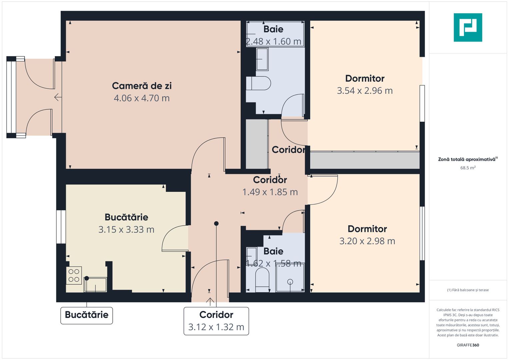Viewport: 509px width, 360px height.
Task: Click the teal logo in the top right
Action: [468, 27]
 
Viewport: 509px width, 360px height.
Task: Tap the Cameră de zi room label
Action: [142, 86]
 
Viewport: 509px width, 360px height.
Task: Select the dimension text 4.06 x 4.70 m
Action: [142, 98]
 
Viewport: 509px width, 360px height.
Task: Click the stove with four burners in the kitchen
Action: [74, 275]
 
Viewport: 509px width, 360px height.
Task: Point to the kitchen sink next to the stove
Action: [96, 285]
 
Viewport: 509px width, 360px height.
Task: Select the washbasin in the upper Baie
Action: [262, 59]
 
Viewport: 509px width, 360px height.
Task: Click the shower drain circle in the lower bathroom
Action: [290, 282]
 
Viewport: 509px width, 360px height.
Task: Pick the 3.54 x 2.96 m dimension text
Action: [365, 91]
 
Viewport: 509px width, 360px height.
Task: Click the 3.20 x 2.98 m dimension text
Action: [367, 241]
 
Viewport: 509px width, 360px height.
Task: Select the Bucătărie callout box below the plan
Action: [87, 315]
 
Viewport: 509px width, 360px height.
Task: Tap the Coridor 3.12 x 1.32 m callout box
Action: [216, 321]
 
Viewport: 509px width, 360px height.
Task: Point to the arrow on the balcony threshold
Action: [58, 97]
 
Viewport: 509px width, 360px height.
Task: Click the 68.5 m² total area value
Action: [468, 168]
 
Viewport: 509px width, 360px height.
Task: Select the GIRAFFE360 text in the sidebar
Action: [468, 345]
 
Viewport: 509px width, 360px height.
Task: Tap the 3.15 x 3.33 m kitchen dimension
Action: [126, 230]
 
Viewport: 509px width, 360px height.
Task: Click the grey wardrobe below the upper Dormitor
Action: [365, 160]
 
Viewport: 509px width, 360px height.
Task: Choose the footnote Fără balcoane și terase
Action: [468, 290]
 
